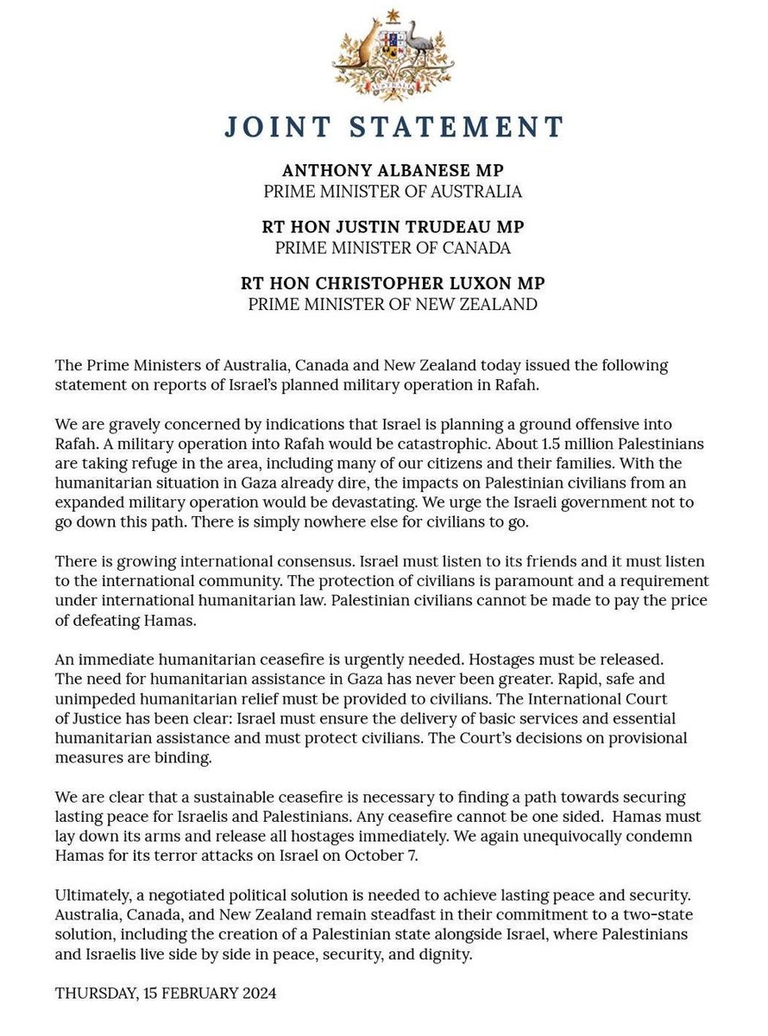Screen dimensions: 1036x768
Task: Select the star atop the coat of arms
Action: pos(393,15)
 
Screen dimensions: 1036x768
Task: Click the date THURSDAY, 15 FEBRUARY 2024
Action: pos(165,994)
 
